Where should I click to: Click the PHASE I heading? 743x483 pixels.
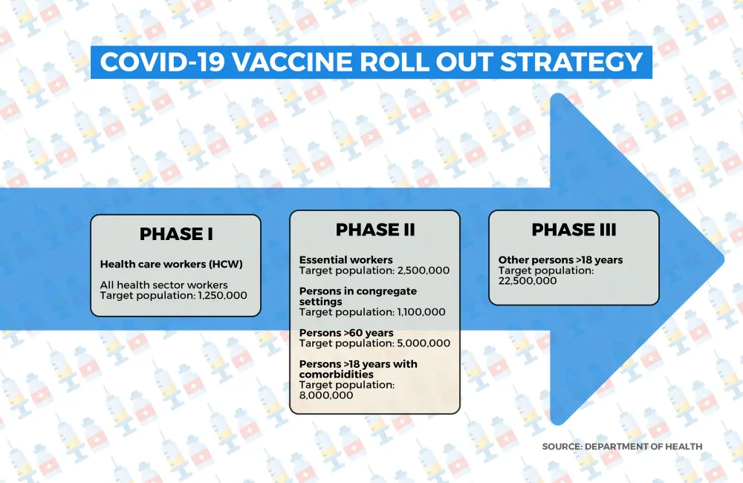click(176, 234)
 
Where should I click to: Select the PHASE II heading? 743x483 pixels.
click(375, 230)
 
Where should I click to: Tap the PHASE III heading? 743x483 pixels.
click(574, 230)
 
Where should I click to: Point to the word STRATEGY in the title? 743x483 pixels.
click(571, 62)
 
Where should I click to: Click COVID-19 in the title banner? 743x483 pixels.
click(162, 62)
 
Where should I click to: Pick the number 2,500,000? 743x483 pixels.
click(424, 270)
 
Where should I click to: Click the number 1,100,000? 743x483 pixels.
click(421, 312)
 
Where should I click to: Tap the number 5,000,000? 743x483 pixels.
click(424, 343)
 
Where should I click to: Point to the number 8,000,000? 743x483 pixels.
click(326, 395)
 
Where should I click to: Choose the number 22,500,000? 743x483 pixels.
click(528, 281)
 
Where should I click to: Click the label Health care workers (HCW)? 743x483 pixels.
click(171, 264)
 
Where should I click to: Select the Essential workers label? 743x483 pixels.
click(346, 260)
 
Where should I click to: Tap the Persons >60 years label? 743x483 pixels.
click(346, 333)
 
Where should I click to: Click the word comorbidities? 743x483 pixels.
click(337, 375)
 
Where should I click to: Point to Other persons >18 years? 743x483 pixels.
click(560, 260)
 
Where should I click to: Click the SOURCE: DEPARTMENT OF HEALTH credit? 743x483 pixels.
click(622, 447)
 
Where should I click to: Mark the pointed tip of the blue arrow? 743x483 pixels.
click(724, 259)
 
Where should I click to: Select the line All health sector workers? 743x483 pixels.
click(163, 285)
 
